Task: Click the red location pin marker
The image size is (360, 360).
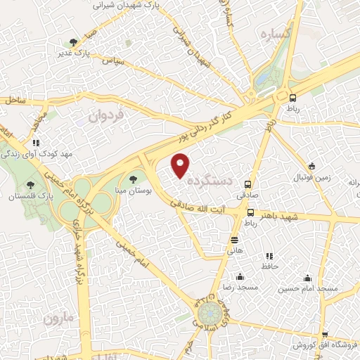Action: click(x=181, y=165)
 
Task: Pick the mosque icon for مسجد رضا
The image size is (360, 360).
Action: click(x=240, y=276)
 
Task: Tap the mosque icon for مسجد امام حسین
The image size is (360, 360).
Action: click(x=307, y=277)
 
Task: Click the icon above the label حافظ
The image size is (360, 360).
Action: click(x=268, y=256)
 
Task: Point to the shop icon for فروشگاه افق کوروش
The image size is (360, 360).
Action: click(x=324, y=335)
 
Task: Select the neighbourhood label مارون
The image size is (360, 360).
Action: click(x=58, y=319)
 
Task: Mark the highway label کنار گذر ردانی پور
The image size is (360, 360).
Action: click(x=206, y=124)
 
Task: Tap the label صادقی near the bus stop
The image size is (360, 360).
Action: click(x=247, y=191)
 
